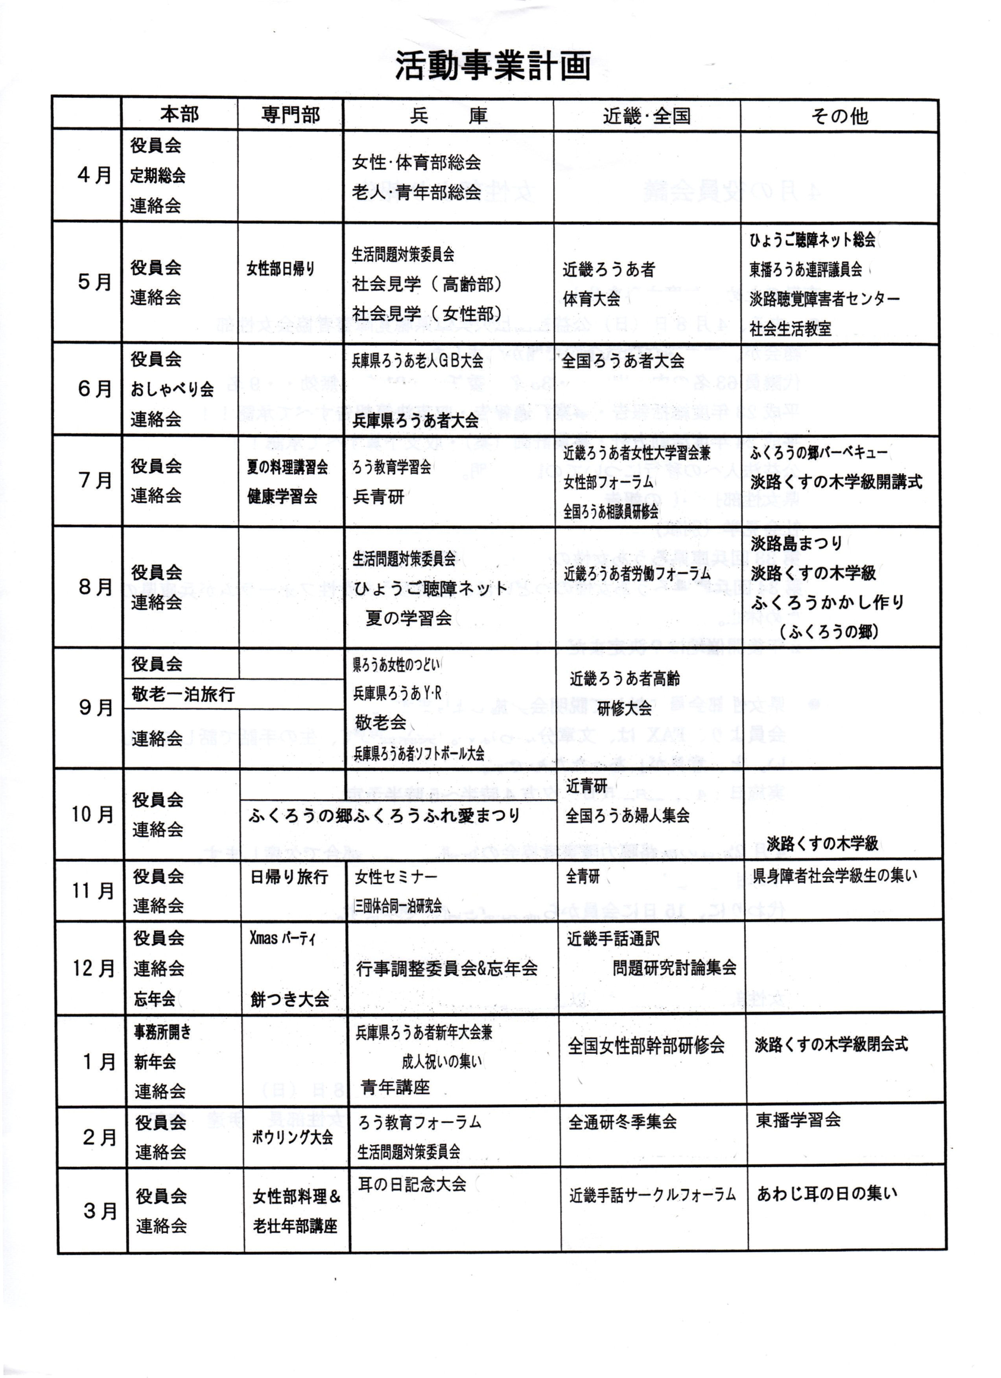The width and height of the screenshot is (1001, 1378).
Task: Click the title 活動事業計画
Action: point(493,66)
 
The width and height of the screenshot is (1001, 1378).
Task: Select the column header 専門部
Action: point(291,115)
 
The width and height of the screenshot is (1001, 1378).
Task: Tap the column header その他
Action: point(839,116)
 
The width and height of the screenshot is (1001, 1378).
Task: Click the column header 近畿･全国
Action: point(647,116)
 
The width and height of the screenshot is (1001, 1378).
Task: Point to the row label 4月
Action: point(94,176)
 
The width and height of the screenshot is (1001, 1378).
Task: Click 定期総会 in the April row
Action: point(157,176)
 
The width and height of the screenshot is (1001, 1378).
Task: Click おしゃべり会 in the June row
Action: point(172,390)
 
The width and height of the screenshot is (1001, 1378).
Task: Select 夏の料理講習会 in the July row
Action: point(287,467)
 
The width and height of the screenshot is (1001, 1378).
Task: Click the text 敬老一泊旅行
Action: point(183,694)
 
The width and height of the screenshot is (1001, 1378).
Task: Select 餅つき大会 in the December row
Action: point(289,999)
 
